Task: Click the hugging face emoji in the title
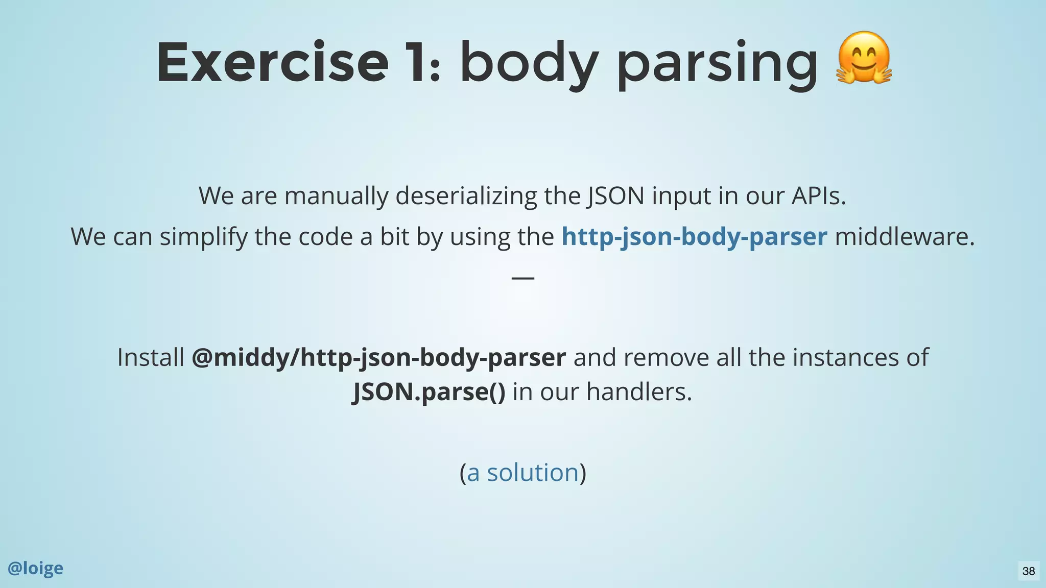864,58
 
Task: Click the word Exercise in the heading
272,63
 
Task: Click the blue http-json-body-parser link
694,236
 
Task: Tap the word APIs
818,195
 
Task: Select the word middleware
904,236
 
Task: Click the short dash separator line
523,278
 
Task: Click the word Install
150,357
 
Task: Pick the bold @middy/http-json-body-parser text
378,357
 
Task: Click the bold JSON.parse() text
429,391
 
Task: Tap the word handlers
638,391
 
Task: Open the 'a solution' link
522,472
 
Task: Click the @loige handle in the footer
35,568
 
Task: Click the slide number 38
1028,571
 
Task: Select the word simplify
203,236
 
